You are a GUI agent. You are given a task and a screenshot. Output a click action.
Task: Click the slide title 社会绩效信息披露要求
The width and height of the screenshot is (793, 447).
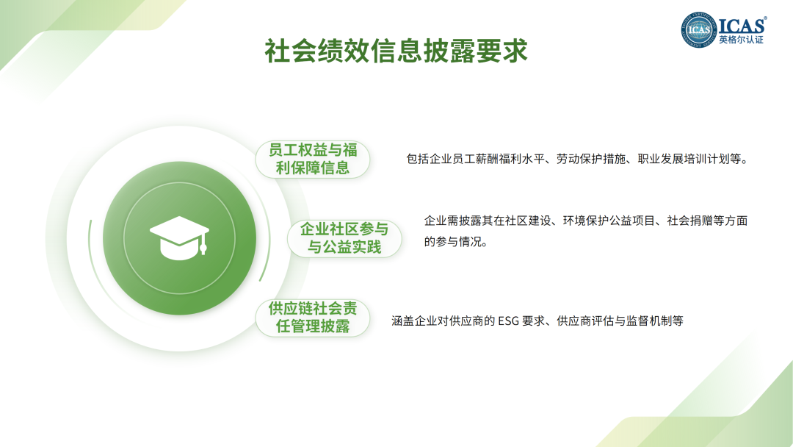[396, 51]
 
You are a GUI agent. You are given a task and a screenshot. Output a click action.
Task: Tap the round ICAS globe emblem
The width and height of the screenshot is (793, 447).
[698, 30]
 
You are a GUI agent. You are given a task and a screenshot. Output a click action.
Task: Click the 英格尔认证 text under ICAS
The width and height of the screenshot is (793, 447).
[742, 40]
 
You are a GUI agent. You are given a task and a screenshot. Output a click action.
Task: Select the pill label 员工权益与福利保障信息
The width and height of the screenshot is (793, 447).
[313, 159]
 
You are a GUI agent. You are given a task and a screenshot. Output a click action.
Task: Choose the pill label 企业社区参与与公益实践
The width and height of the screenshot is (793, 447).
[344, 238]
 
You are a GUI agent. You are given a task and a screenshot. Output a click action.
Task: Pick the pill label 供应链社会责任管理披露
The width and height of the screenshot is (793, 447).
[313, 318]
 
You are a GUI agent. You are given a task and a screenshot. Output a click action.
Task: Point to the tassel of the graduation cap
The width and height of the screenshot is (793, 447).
[203, 245]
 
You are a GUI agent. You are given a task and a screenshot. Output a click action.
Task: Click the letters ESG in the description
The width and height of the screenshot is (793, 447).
[508, 321]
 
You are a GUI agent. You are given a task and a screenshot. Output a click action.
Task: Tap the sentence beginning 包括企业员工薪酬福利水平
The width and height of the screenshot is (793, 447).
[577, 159]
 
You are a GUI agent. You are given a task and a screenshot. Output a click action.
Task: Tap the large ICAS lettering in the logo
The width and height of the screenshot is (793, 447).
[742, 25]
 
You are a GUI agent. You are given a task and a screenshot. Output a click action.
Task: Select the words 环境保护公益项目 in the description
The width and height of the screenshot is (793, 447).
[609, 221]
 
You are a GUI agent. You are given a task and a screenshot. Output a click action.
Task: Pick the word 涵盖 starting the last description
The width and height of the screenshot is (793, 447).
[402, 321]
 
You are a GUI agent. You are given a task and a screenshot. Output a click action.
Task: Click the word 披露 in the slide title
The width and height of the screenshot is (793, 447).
[449, 51]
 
